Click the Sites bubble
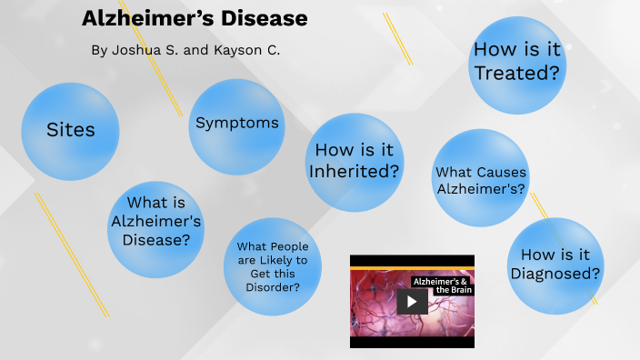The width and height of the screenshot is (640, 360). point(70,131)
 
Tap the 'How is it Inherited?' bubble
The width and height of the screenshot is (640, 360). point(354,161)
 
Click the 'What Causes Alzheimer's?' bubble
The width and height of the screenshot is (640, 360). point(480,179)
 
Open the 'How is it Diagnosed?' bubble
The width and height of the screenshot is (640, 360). point(555,265)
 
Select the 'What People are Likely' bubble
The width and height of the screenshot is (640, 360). point(272,266)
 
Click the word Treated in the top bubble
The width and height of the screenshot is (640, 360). point(515,74)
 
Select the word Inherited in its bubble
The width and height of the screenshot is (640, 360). point(355,171)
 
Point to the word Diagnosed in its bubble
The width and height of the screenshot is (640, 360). point(555,274)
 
